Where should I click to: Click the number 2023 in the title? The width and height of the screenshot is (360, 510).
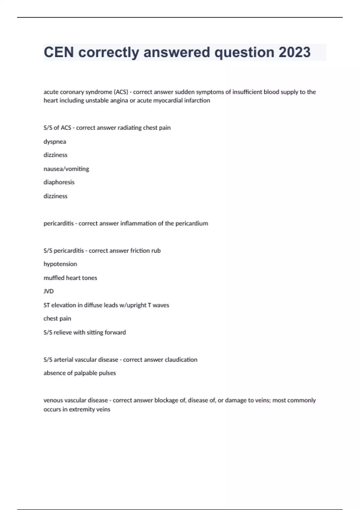(295, 52)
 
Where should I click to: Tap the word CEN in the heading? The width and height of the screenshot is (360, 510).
(59, 52)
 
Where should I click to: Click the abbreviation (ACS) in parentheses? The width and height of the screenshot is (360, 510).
(121, 92)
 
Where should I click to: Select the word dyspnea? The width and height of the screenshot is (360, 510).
(55, 142)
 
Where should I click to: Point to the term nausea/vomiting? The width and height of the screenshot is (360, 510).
(66, 169)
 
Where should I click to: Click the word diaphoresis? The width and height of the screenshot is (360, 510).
(59, 182)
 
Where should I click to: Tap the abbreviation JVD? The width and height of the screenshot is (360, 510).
(49, 291)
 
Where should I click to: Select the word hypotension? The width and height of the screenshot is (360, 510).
(60, 264)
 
